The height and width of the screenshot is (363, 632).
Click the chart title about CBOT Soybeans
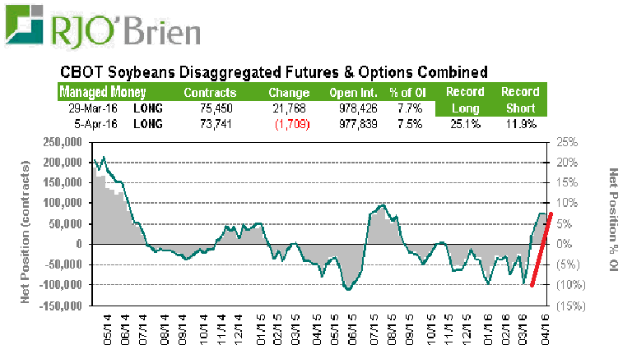271,71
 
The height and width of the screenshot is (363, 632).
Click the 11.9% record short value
519,124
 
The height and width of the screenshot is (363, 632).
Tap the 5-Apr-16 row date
81,124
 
